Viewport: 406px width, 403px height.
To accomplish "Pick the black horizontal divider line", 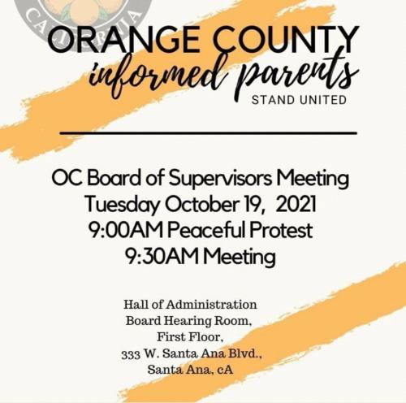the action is point(209,132).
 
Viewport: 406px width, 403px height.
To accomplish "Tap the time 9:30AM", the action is point(162,258).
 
